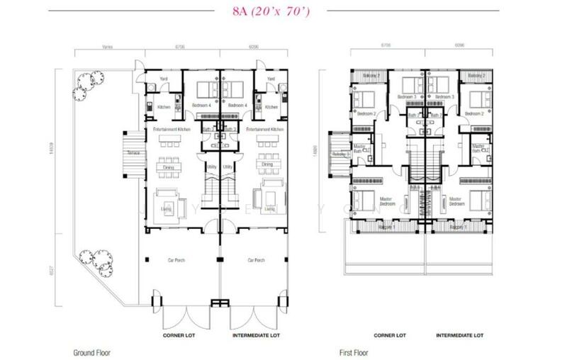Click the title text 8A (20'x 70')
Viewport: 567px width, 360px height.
[x=283, y=11]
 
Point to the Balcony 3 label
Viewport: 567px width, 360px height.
[x=342, y=154]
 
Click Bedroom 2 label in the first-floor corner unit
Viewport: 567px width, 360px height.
[x=366, y=113]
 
